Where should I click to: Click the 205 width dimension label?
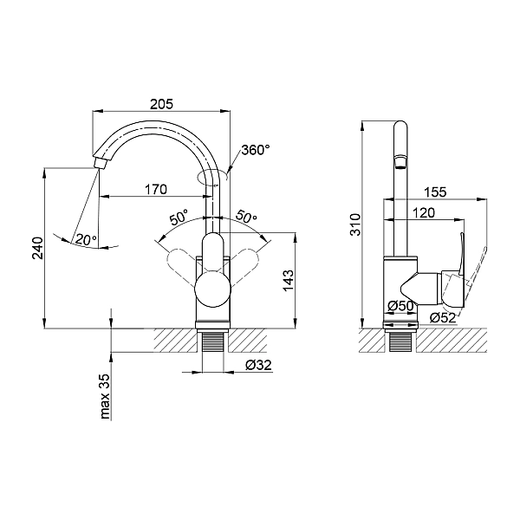tap(161, 103)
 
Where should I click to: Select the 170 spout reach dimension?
tap(157, 188)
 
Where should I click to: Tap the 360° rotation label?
tap(256, 150)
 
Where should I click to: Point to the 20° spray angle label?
tap(84, 239)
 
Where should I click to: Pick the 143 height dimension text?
tap(289, 280)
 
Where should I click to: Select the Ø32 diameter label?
tap(257, 365)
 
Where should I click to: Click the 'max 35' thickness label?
tap(105, 396)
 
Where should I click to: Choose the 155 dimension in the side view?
tap(437, 192)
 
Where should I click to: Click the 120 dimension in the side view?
tap(425, 212)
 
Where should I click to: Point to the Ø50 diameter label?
tap(400, 306)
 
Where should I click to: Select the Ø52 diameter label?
tap(441, 318)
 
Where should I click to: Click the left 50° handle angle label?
tap(179, 218)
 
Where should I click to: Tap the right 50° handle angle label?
tap(246, 218)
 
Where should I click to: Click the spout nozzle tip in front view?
tap(99, 163)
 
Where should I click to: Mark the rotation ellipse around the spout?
tap(213, 178)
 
